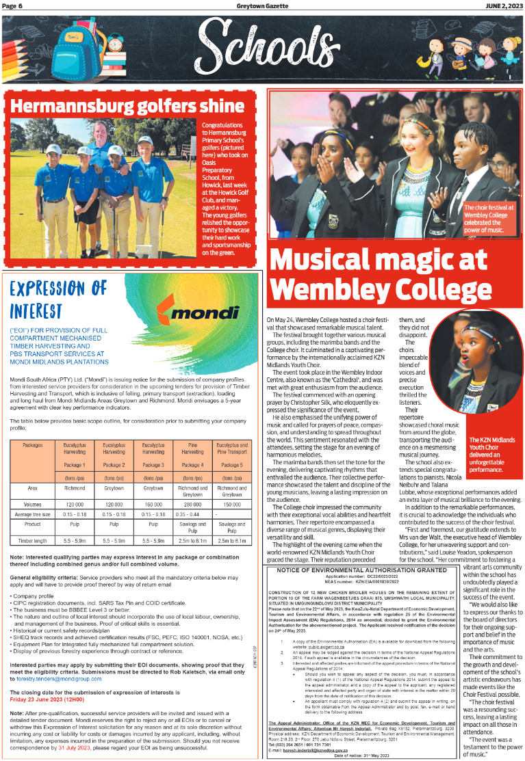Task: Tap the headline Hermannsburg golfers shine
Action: click(127, 106)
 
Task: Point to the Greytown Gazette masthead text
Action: click(264, 5)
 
